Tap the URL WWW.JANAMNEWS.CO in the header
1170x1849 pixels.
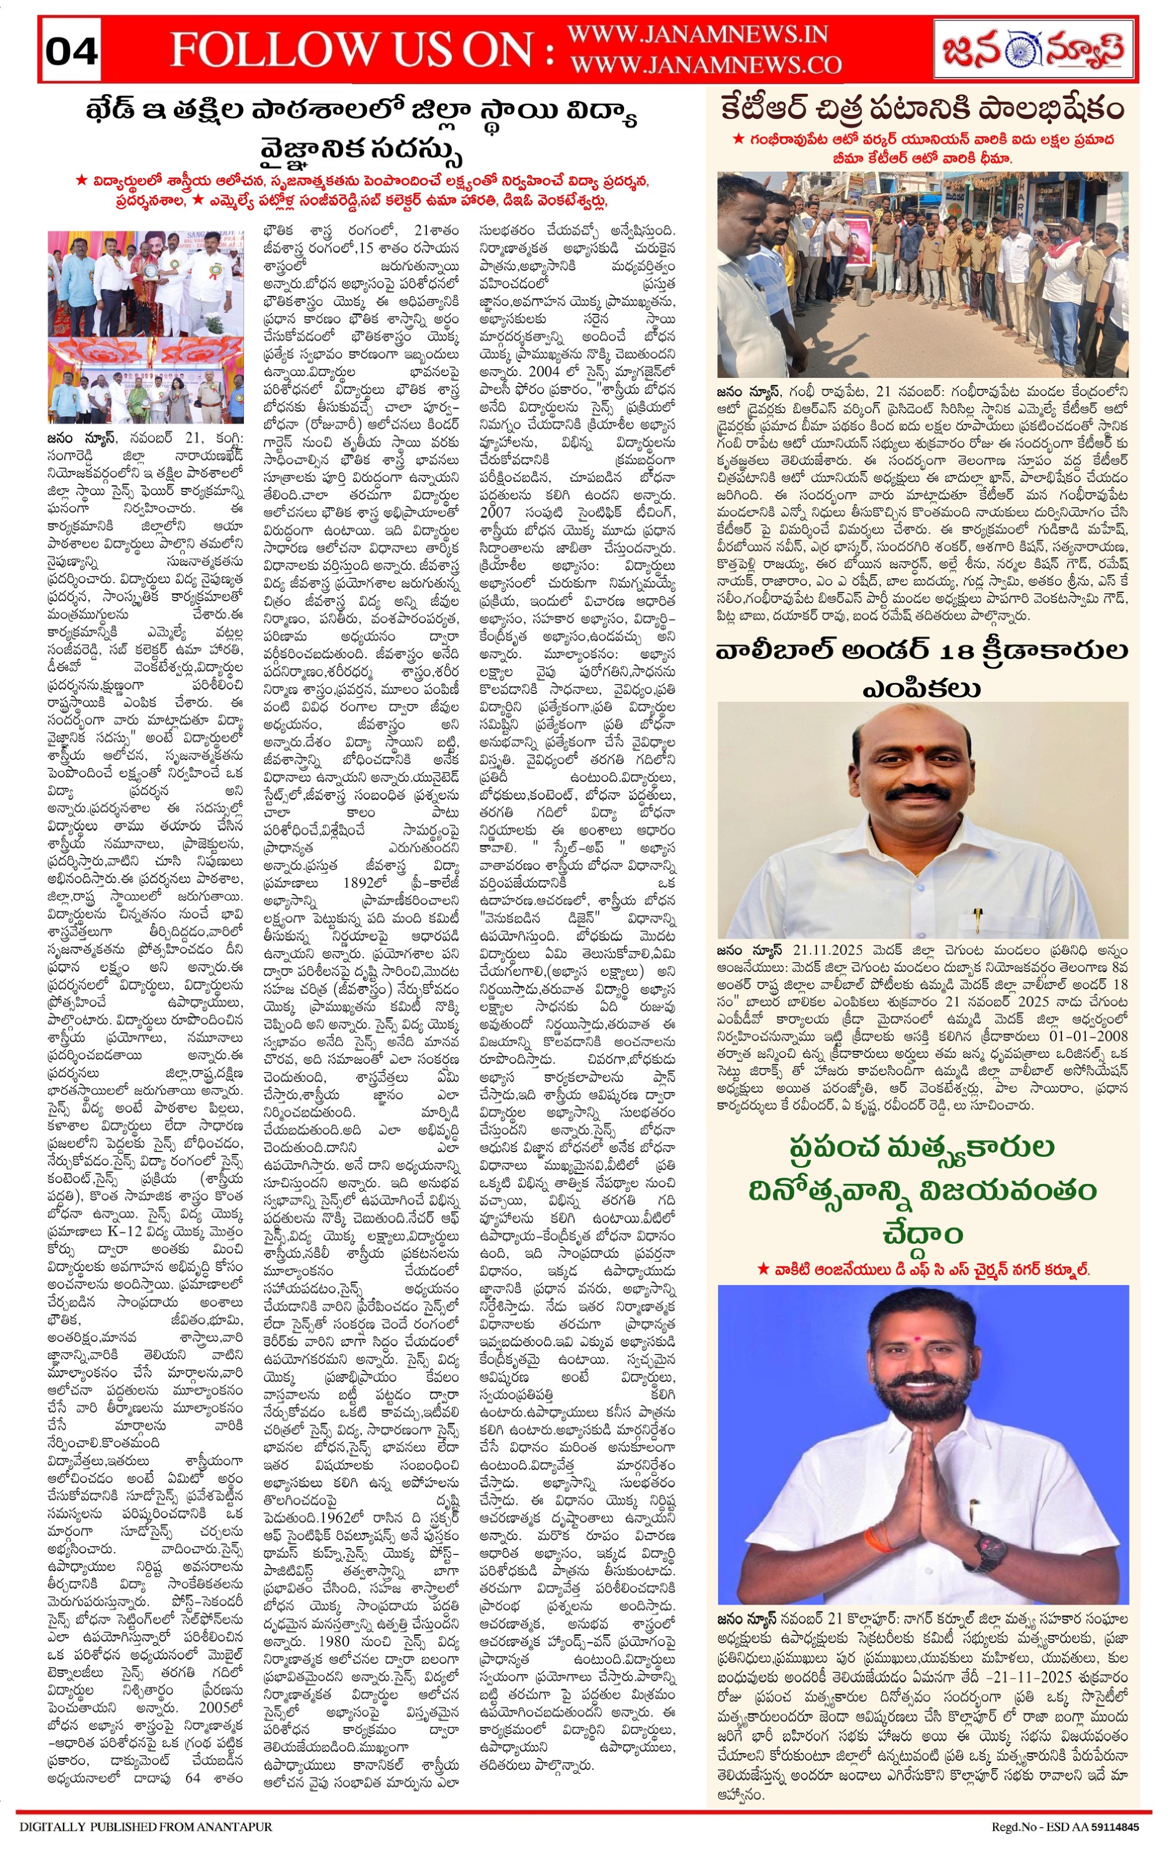[x=705, y=65]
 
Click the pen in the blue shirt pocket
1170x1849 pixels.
[x=978, y=918]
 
